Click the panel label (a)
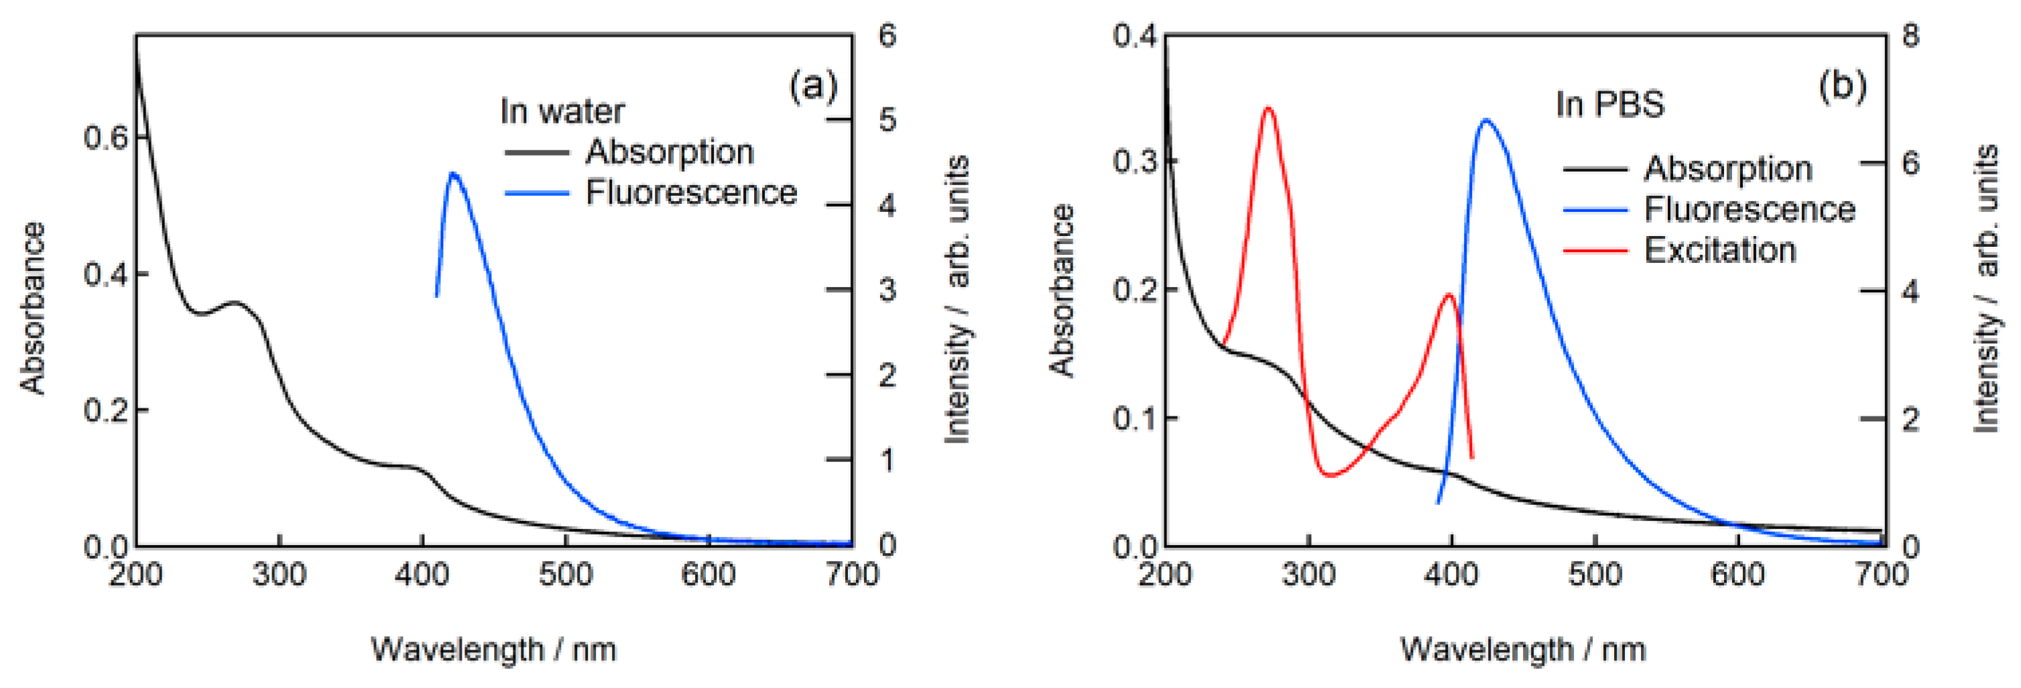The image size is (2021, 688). [x=813, y=84]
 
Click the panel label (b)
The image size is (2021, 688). [x=1842, y=84]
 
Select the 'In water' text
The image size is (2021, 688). [x=562, y=111]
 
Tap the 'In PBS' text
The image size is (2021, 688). [x=1609, y=105]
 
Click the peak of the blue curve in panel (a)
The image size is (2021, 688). [x=452, y=174]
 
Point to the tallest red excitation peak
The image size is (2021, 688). [x=1268, y=107]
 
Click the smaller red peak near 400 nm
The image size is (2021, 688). [x=1449, y=294]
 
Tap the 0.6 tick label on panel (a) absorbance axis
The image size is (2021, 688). [x=105, y=138]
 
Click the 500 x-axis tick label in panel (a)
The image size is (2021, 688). [x=565, y=575]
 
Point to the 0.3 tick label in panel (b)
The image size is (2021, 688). [x=1134, y=162]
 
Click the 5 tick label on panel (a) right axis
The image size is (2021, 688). [x=887, y=120]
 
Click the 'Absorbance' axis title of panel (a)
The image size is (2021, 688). [x=33, y=308]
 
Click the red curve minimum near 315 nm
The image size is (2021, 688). [x=1329, y=475]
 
